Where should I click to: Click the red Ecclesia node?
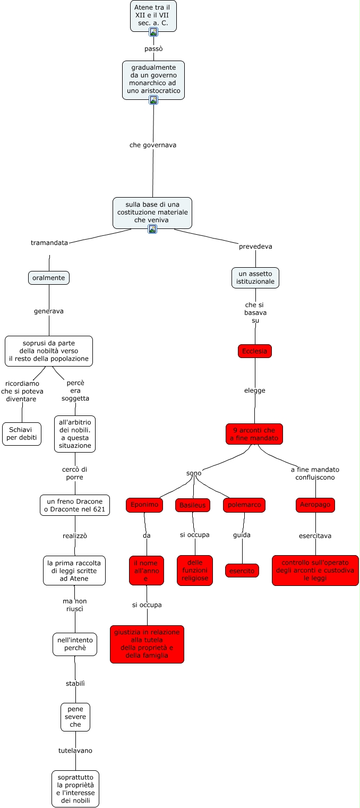tap(255, 351)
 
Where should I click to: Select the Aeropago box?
tap(315, 505)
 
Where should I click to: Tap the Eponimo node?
tap(144, 505)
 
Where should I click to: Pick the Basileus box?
tap(192, 505)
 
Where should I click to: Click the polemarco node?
tap(244, 505)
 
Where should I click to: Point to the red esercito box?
tap(242, 571)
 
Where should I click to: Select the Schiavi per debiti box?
tap(22, 434)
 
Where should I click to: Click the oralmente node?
tap(49, 278)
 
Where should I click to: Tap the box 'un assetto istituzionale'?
tap(255, 278)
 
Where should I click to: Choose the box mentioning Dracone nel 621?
tap(75, 505)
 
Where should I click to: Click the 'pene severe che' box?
tap(75, 717)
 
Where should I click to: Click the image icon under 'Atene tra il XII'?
tap(153, 32)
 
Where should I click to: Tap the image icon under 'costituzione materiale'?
tap(152, 229)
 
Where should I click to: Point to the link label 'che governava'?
tap(153, 145)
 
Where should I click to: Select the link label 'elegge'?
tap(255, 390)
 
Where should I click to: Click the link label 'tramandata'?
tap(49, 243)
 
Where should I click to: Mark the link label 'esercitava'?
tap(315, 536)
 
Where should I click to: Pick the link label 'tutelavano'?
tap(75, 751)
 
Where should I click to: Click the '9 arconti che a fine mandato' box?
tap(254, 434)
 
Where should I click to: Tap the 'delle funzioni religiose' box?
tap(195, 571)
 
